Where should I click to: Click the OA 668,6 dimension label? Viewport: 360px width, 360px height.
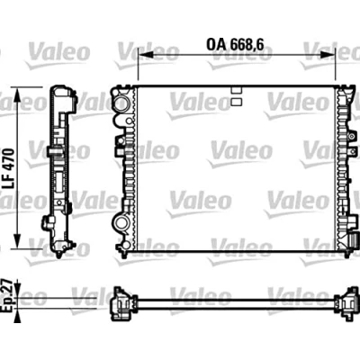pos(235,45)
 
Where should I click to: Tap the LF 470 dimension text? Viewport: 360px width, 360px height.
pos(9,168)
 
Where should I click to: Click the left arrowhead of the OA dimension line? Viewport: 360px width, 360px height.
pos(146,55)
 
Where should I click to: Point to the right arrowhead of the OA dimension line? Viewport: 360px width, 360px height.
pos(328,55)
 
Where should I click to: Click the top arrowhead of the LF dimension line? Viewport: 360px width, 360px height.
pos(17,95)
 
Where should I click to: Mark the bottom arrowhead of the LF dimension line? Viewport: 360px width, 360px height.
pos(17,241)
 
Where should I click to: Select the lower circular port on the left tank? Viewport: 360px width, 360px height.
pos(121,222)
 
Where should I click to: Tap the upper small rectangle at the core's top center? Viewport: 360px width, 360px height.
pos(237,90)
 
